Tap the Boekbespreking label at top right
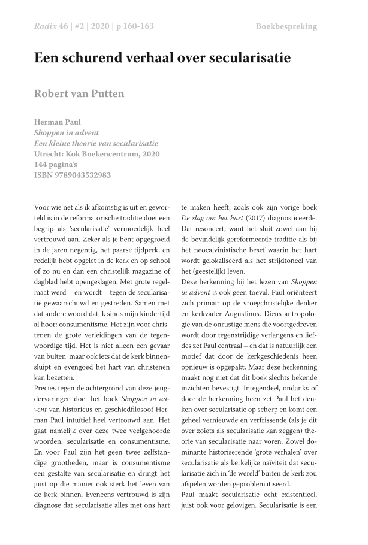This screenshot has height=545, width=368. (286, 26)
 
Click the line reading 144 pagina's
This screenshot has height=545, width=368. (59, 165)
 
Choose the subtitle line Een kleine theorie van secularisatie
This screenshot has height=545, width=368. (96, 143)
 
